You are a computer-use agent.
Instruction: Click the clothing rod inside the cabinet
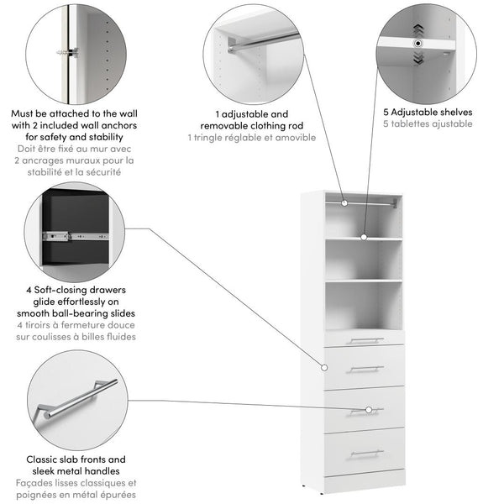point(370,202)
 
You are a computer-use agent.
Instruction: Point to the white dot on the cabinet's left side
point(323,367)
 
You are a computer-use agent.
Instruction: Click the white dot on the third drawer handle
point(368,410)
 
